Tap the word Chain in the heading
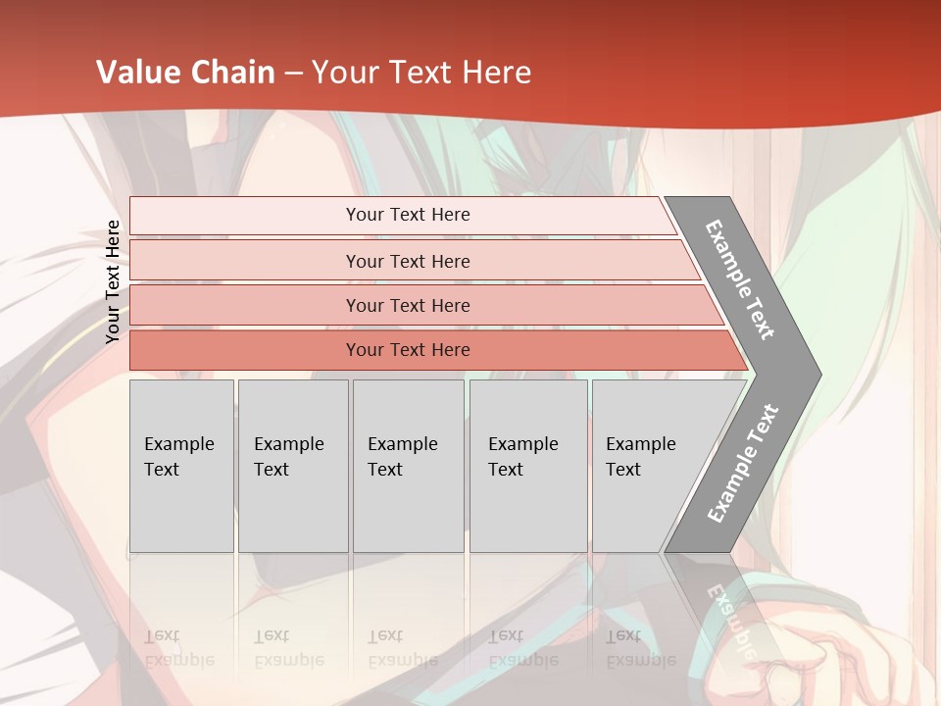[232, 73]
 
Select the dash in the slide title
[293, 74]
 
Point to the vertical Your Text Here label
[113, 281]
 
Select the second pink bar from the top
[407, 261]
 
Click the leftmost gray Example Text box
[181, 466]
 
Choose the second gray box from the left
[293, 466]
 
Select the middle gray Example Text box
[408, 466]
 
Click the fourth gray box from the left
[528, 466]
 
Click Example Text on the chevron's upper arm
[740, 279]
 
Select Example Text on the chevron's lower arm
[743, 463]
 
